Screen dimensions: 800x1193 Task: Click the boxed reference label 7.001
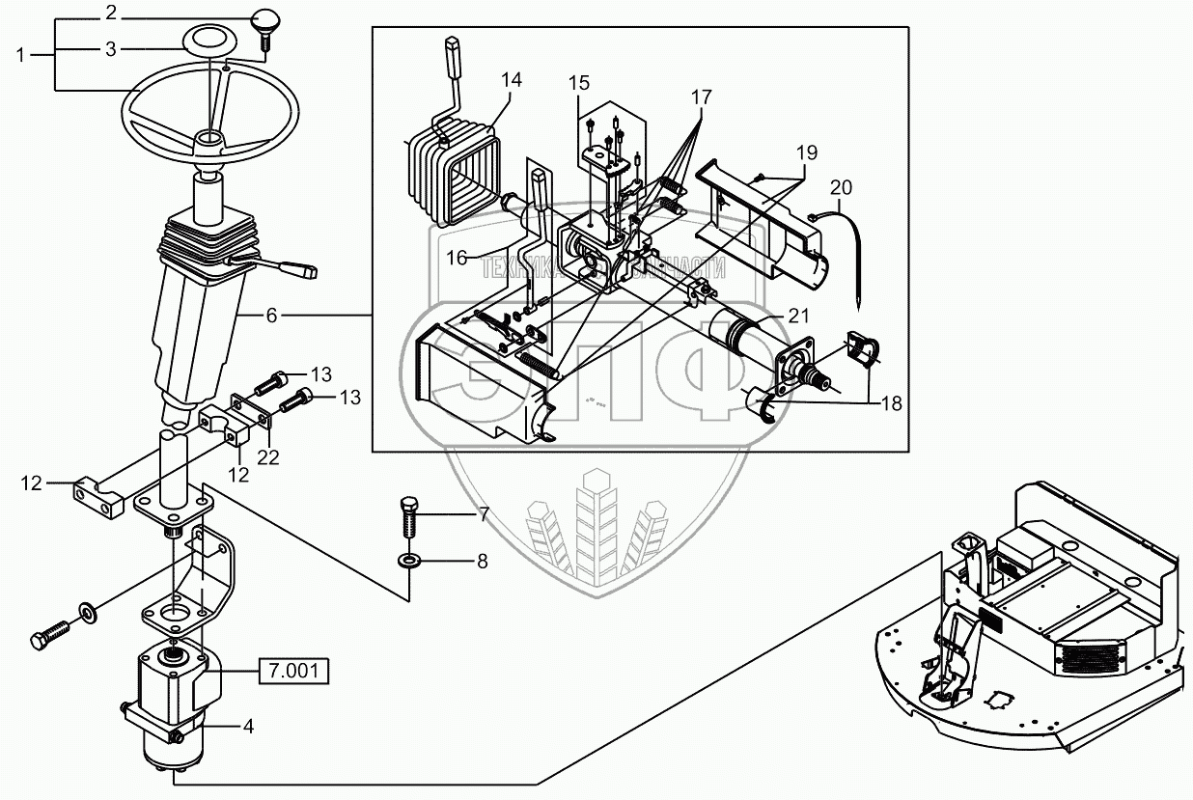[x=292, y=670]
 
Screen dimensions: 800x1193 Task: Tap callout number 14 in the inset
[x=512, y=80]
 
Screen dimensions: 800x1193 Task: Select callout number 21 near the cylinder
[x=797, y=315]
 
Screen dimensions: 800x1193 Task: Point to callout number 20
[x=841, y=185]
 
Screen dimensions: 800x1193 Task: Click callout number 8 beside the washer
[x=483, y=560]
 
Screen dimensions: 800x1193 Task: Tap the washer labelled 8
[x=409, y=560]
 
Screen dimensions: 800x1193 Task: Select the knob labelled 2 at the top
[x=264, y=18]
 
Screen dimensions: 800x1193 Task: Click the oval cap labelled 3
[x=205, y=43]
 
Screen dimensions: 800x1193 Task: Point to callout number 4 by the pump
[x=248, y=727]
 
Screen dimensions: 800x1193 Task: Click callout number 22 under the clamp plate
[x=267, y=456]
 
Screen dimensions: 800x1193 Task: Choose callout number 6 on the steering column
[x=271, y=315]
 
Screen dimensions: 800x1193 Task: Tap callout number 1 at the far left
[x=21, y=55]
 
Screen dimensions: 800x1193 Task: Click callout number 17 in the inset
[x=701, y=97]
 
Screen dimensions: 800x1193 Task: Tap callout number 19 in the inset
[x=806, y=152]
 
